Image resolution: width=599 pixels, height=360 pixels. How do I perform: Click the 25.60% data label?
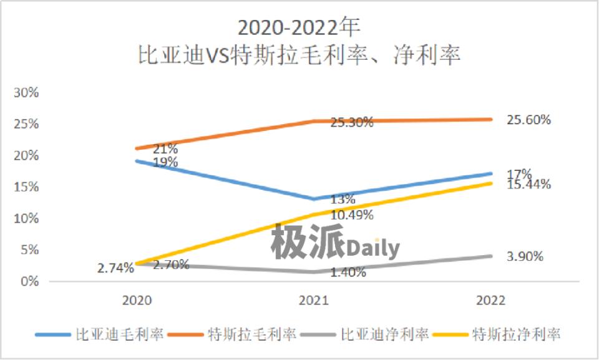528,120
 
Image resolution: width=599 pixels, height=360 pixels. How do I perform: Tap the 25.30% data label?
352,123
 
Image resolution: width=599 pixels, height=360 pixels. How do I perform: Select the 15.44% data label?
528,184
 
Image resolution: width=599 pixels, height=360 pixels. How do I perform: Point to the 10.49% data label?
352,215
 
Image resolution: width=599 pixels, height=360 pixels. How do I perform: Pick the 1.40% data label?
349,272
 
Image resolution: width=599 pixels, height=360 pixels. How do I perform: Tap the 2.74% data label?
115,268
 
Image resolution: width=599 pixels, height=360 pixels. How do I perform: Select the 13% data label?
343,200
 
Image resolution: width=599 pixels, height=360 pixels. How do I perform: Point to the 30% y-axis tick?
27,92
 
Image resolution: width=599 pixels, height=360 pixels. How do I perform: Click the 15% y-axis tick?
27,187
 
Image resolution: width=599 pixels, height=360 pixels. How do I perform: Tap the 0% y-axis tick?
30,281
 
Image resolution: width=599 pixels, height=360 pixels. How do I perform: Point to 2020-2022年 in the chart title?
299,29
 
